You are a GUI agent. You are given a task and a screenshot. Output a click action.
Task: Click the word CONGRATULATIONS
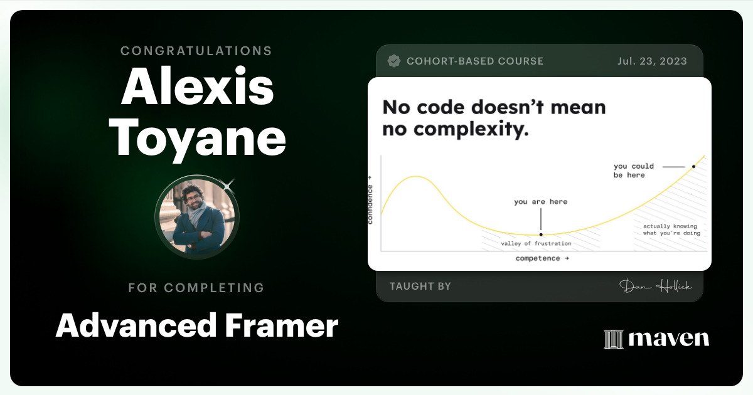[x=196, y=51]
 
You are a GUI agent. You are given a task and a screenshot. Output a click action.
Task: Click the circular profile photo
[x=196, y=216]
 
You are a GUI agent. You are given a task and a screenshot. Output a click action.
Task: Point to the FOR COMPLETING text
[x=196, y=288]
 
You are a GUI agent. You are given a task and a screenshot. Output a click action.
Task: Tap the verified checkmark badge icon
[x=394, y=61]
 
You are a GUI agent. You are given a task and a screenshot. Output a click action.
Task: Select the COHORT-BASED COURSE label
[x=475, y=61]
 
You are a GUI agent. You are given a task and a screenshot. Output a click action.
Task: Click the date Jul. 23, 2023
[x=651, y=61]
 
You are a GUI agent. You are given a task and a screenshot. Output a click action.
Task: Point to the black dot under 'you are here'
[x=541, y=234]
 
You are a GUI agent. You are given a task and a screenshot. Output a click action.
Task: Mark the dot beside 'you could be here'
[x=693, y=167]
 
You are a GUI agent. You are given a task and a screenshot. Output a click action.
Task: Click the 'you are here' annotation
[x=540, y=202]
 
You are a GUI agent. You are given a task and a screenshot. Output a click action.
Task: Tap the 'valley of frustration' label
[x=536, y=243]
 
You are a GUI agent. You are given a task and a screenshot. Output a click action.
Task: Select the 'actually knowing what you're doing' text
[x=671, y=229]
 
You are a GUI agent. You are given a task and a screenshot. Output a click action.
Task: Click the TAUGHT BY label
[x=420, y=287]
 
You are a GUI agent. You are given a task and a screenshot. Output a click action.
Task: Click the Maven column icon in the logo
[x=612, y=339]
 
